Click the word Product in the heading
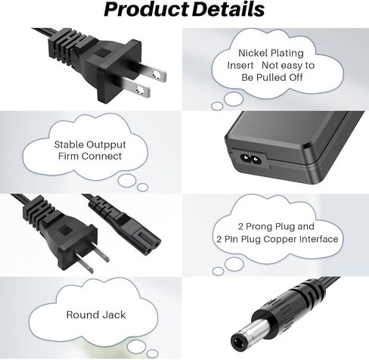[x=146, y=10]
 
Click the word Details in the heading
[x=228, y=9]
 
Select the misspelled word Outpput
[x=106, y=145]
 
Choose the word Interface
[x=318, y=239]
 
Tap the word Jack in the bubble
[x=114, y=315]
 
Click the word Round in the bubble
[x=83, y=315]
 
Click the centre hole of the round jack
[x=238, y=341]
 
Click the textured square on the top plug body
[x=102, y=52]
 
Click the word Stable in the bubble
[x=69, y=144]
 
